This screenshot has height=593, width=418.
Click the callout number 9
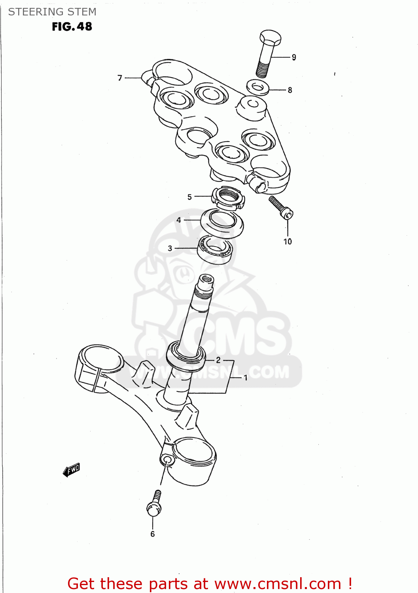point(294,57)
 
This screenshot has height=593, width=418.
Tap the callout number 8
point(290,90)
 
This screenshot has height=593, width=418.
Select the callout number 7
point(120,78)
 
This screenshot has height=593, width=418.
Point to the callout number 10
point(287,242)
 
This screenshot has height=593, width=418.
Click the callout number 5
point(189,197)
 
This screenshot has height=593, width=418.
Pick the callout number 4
point(179,220)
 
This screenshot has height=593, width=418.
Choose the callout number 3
point(170,248)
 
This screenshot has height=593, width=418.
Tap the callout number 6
point(153,534)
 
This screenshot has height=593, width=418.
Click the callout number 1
point(245,378)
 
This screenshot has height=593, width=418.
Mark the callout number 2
point(218,360)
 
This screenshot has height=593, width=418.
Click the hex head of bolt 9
point(270,38)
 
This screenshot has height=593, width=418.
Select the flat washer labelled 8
point(258,87)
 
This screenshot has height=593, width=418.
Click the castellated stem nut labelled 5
point(228,198)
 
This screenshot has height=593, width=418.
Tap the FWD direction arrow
point(71,470)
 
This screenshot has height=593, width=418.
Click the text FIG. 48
point(72,26)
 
